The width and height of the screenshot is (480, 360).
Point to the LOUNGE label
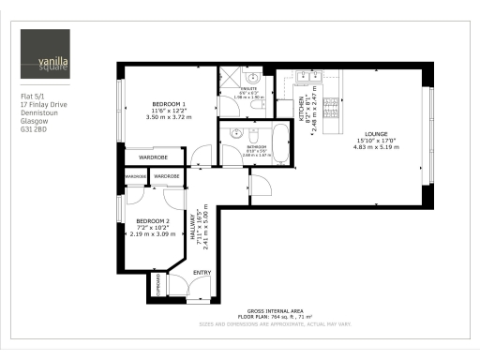(x=369, y=134)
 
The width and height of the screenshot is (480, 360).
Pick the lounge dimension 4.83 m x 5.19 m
(x=369, y=148)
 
